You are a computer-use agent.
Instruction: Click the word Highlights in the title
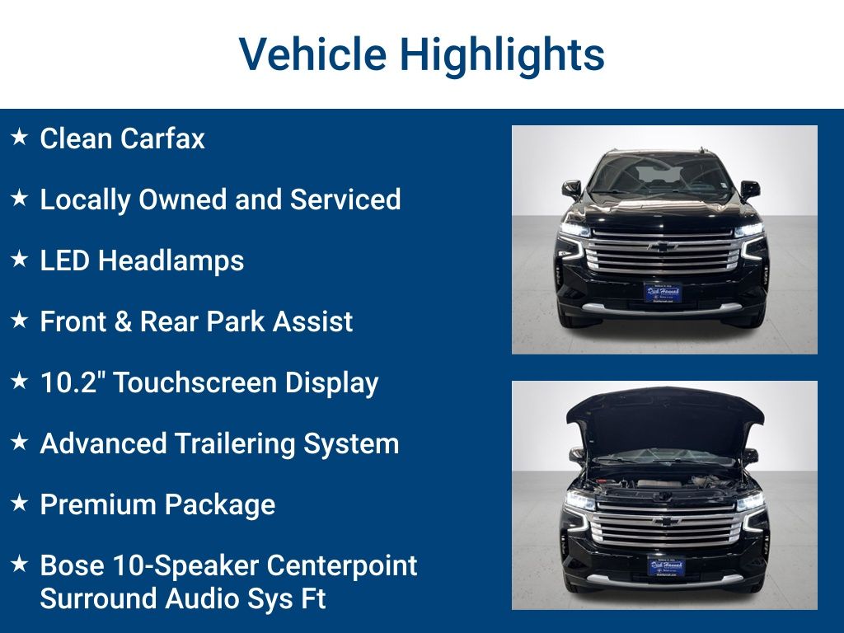tap(502, 54)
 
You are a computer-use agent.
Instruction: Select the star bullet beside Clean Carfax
tap(20, 138)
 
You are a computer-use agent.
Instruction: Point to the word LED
tap(65, 260)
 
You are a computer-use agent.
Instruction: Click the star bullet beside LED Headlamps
tap(20, 260)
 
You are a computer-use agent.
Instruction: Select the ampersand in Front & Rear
tap(123, 321)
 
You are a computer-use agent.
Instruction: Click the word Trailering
tap(237, 443)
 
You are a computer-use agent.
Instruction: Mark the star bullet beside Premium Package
tap(20, 504)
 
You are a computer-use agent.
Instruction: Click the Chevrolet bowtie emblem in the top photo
tap(663, 246)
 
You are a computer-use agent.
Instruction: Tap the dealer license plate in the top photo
tap(663, 293)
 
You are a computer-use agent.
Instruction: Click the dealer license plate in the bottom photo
tap(665, 566)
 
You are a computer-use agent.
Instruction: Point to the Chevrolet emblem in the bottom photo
tap(665, 521)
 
